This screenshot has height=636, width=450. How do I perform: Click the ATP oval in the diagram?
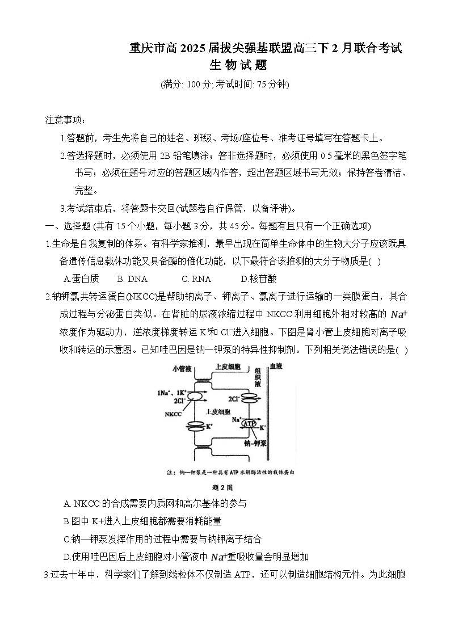click(x=249, y=423)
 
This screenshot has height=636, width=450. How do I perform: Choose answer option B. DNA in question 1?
click(x=132, y=279)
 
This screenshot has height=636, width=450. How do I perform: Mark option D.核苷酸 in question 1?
click(x=259, y=279)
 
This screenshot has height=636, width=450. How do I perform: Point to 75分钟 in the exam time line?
click(x=272, y=85)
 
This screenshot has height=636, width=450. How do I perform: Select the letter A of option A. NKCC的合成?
click(x=68, y=503)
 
